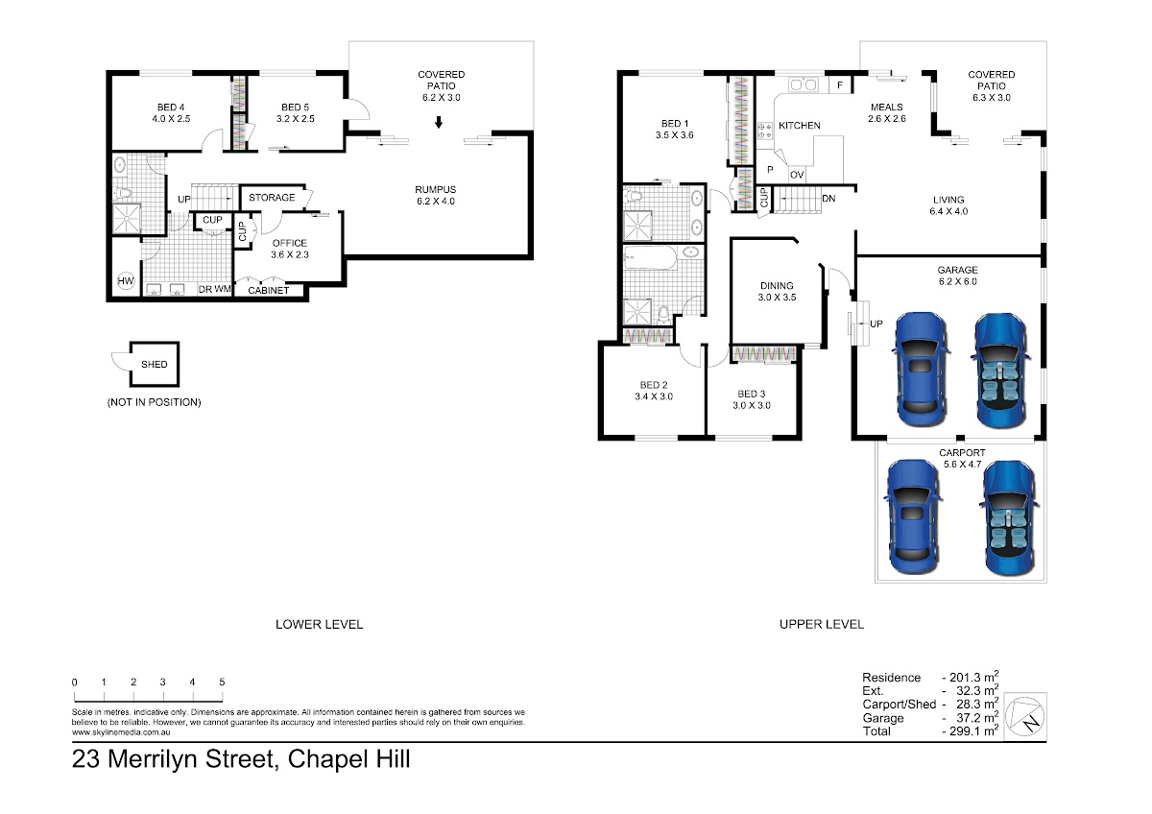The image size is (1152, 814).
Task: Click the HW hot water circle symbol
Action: (126, 280)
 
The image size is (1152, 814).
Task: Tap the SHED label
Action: (155, 364)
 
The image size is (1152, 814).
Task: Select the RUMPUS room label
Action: (436, 190)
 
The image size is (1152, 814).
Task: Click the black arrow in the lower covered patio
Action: (438, 122)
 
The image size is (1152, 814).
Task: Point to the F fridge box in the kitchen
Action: (840, 84)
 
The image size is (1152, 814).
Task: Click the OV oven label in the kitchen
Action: (797, 175)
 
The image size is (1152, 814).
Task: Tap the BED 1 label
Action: (674, 124)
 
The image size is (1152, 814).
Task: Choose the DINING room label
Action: (777, 285)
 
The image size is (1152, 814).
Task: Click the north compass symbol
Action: (1025, 716)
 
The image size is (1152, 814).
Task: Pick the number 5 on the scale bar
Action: (222, 682)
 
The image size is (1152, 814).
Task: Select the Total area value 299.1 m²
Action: (973, 730)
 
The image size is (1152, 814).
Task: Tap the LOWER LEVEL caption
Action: (320, 624)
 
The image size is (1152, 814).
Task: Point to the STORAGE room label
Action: (272, 198)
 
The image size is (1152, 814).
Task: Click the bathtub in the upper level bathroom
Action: (649, 257)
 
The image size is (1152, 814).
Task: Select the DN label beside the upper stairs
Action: (828, 199)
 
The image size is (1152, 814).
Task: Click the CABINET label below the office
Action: (269, 291)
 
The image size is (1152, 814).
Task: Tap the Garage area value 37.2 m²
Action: (974, 717)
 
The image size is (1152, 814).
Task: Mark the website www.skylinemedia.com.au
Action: (121, 732)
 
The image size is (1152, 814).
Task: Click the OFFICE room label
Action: (290, 243)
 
